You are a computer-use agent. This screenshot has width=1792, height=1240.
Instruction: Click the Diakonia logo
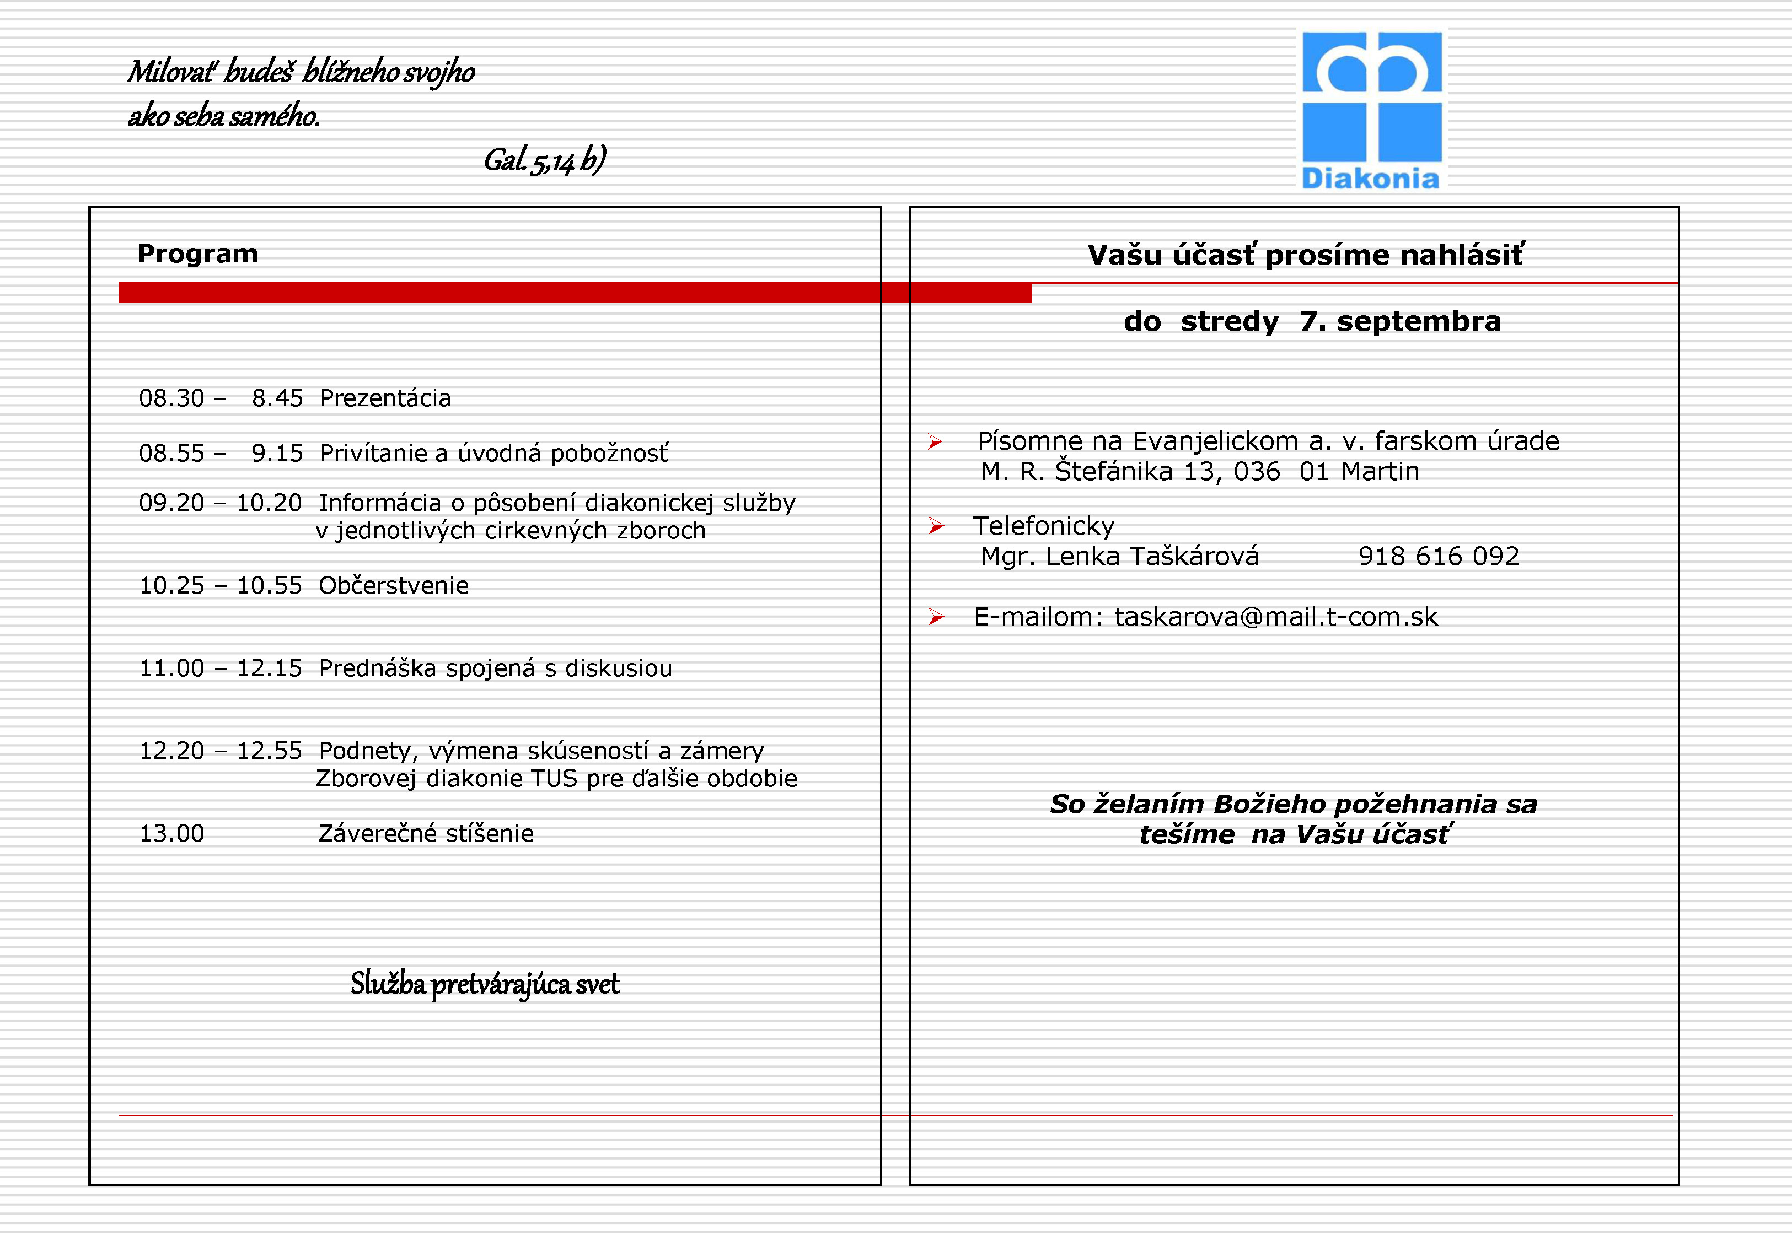click(x=1372, y=109)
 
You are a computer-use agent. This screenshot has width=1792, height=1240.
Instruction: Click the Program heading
click(x=197, y=254)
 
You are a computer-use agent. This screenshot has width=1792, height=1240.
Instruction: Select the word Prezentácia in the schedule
click(x=385, y=398)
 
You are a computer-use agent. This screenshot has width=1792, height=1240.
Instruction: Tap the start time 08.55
click(x=171, y=453)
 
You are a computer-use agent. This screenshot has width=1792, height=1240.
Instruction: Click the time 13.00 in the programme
click(x=171, y=834)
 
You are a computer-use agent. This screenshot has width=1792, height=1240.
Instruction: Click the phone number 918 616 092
click(x=1439, y=556)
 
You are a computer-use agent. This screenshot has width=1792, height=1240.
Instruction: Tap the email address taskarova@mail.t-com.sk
click(x=1276, y=617)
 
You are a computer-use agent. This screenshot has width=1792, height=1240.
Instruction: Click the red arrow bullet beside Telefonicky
click(x=936, y=527)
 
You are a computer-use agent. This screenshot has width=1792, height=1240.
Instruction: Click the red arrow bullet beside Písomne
click(x=935, y=442)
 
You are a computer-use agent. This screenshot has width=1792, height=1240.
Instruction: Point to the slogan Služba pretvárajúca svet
click(x=484, y=984)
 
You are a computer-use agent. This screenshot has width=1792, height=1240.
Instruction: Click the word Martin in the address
click(x=1380, y=472)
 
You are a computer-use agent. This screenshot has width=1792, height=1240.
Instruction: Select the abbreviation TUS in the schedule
click(x=554, y=779)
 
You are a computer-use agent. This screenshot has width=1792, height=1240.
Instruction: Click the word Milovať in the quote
click(x=171, y=72)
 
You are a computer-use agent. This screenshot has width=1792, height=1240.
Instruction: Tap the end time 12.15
click(x=269, y=668)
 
